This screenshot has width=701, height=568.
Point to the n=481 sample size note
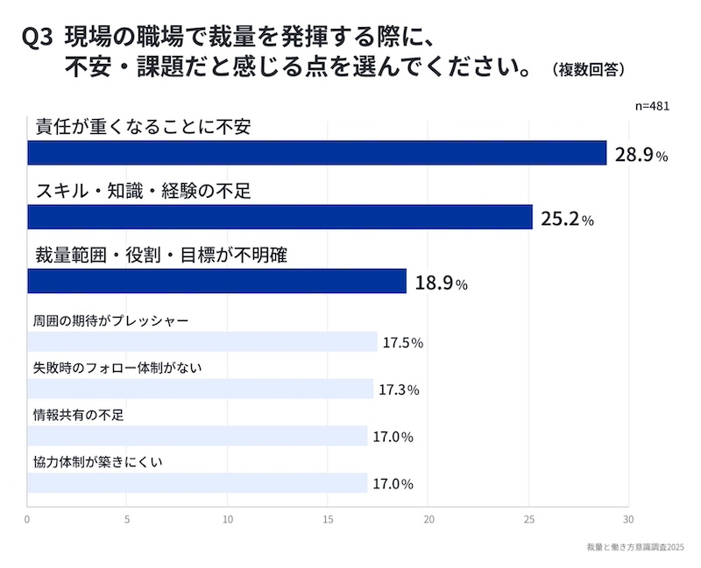click(x=652, y=106)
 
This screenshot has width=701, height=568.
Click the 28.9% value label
click(x=641, y=156)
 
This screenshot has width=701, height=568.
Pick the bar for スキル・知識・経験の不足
click(x=280, y=217)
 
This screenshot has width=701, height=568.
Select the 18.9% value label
click(x=441, y=284)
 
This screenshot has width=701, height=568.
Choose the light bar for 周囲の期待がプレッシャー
click(x=202, y=341)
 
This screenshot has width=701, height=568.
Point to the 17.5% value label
click(x=402, y=343)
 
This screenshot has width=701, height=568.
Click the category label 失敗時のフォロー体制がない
click(x=117, y=368)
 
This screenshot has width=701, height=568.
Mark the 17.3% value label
click(x=399, y=389)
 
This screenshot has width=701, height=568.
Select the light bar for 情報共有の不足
click(x=197, y=436)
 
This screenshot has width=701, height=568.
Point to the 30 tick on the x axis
click(x=628, y=519)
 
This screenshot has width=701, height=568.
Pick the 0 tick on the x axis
click(x=28, y=519)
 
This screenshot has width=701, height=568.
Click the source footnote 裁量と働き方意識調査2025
click(x=635, y=547)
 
